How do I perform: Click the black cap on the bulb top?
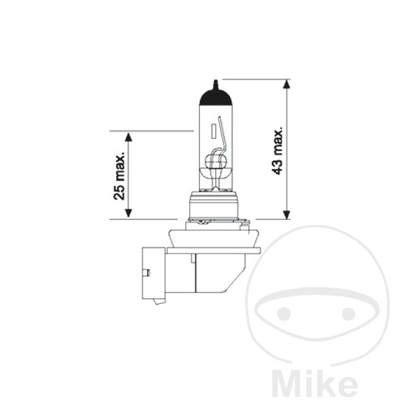coord(216,97)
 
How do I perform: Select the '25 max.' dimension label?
coord(119,176)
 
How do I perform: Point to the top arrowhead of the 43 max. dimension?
coord(287,84)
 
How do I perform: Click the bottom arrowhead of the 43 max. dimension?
coord(287,214)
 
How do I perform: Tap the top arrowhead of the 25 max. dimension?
coord(129,136)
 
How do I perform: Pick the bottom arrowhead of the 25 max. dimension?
coord(129,214)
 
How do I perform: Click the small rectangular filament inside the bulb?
coord(213,131)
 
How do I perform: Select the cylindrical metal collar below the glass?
coord(214,205)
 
